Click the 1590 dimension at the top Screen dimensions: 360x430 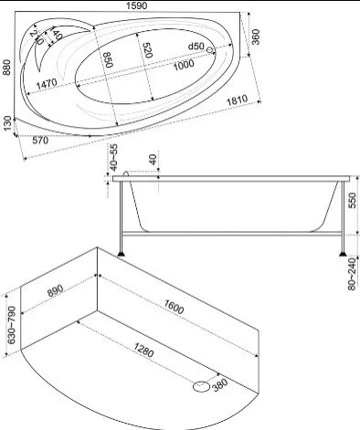(136, 5)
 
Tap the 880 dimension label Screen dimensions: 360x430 (6, 68)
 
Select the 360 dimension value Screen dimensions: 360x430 (256, 37)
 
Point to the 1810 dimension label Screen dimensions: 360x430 (238, 100)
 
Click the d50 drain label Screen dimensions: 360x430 (196, 47)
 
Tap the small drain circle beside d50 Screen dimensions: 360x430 (209, 49)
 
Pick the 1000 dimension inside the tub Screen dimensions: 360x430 (184, 65)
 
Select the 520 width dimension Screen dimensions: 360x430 (147, 50)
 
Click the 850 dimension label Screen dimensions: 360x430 (108, 59)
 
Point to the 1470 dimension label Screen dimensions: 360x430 (47, 83)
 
